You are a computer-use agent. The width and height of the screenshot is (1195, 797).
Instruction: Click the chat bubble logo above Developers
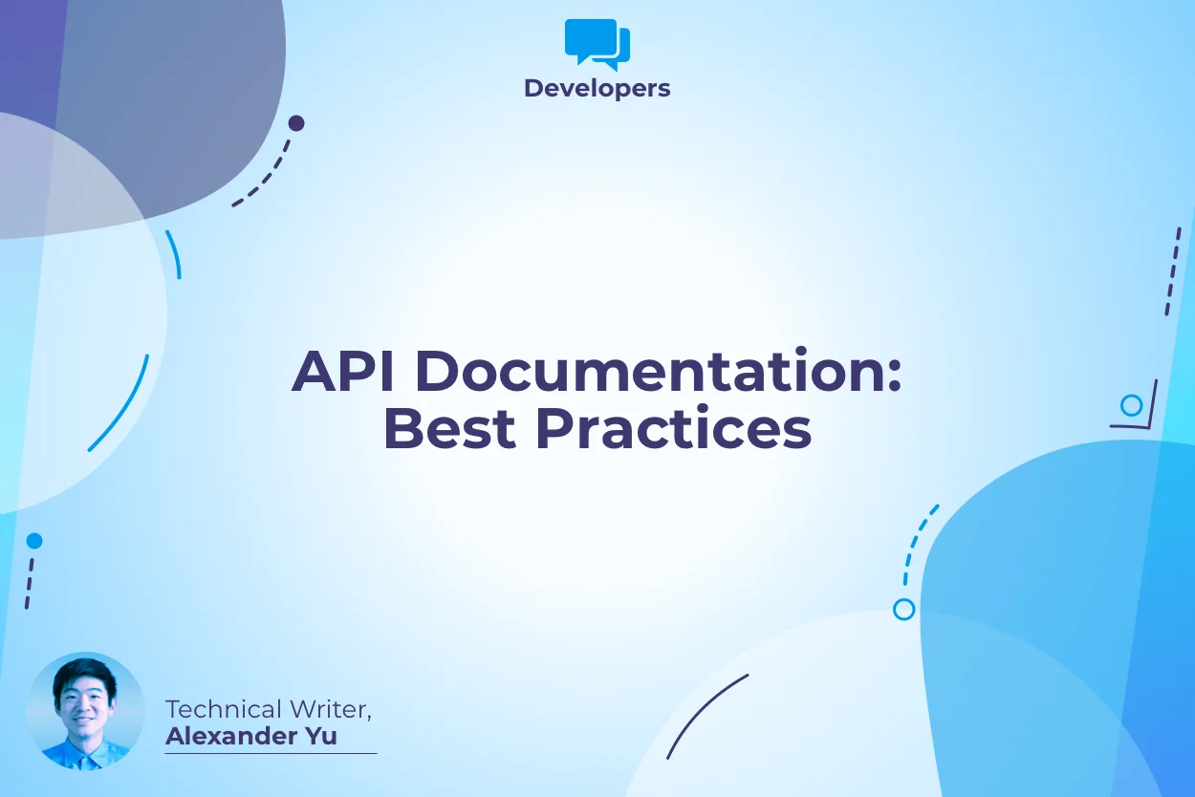597,44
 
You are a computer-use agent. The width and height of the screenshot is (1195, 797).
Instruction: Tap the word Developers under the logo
597,89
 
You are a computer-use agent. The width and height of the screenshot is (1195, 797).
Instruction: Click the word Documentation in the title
647,372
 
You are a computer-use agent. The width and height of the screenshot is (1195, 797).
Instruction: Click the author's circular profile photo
85,711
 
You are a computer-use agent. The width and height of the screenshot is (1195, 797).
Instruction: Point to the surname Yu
323,737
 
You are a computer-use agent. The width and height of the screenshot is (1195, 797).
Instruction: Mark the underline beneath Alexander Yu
271,753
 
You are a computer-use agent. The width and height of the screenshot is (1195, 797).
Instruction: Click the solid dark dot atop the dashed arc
296,123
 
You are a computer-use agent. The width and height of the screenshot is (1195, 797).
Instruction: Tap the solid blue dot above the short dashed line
34,541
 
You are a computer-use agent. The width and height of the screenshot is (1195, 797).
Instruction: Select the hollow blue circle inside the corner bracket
1132,405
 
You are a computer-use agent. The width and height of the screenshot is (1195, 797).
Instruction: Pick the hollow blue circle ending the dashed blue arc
903,609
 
